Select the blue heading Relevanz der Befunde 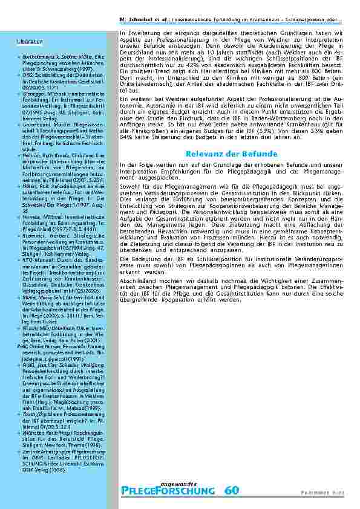(x=231, y=154)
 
